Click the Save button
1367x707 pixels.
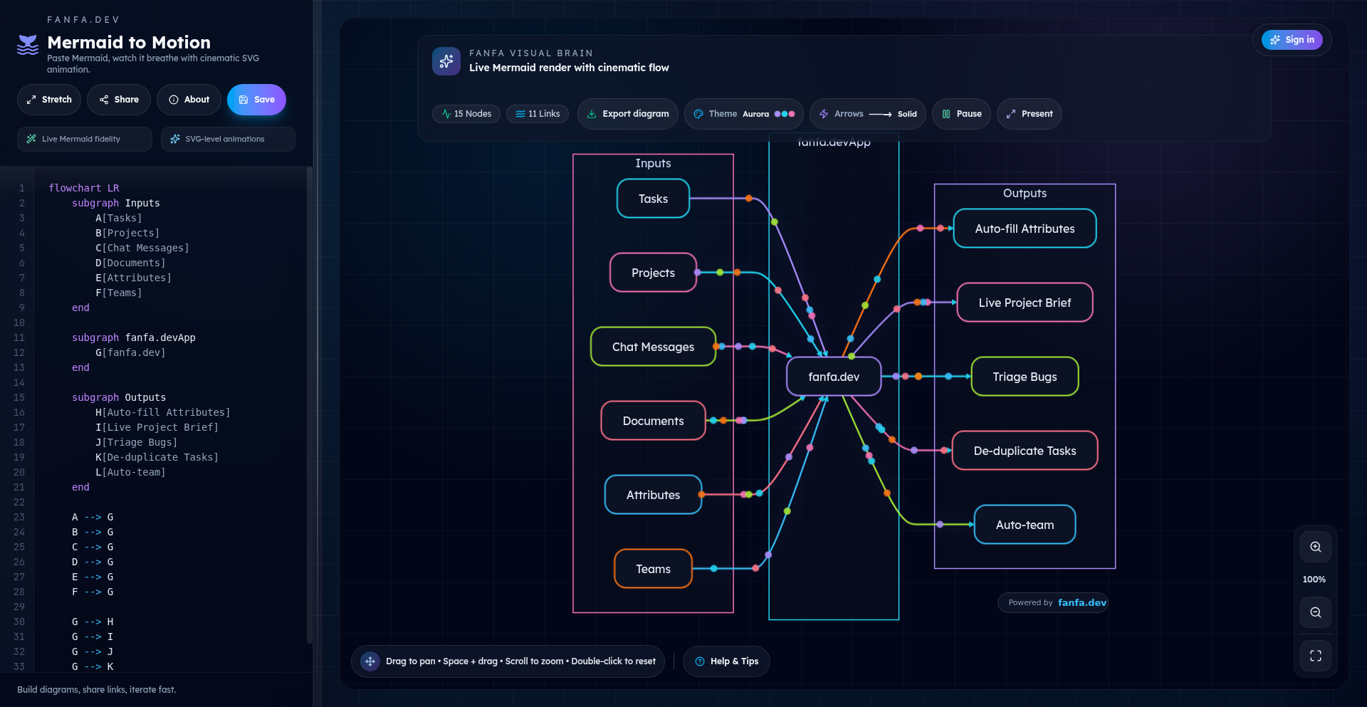tap(256, 100)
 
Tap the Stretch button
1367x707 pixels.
tap(49, 100)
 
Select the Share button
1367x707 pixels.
tap(119, 100)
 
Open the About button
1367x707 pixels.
tap(189, 100)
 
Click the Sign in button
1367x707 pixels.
tap(1292, 40)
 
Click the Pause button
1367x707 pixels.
tap(961, 114)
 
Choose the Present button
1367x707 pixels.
tap(1029, 114)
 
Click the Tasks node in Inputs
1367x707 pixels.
tap(653, 199)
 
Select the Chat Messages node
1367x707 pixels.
tap(653, 347)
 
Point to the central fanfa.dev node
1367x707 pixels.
tap(834, 377)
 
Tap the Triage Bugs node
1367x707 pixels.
tap(1025, 377)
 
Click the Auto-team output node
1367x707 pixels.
tap(1025, 525)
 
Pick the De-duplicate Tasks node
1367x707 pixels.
tap(1025, 451)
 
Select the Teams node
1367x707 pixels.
tap(653, 569)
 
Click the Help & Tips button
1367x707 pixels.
tap(726, 661)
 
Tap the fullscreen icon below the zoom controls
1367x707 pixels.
tap(1316, 656)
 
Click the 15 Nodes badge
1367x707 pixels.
tap(466, 114)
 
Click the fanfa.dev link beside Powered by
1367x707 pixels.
tap(1081, 603)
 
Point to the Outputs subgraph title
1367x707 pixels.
tap(1025, 194)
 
